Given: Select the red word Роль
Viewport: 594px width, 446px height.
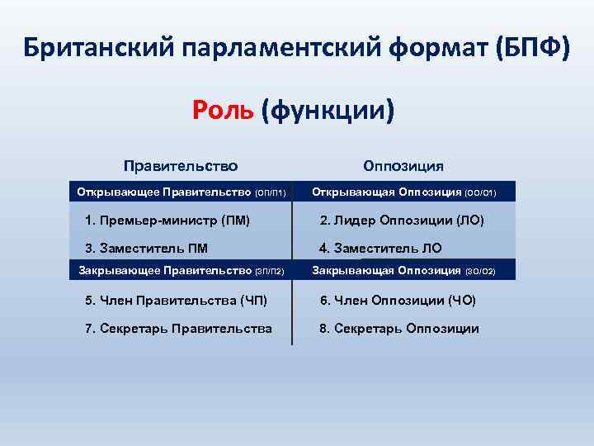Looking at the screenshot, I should (223, 109).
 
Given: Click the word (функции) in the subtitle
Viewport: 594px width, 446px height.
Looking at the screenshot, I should (328, 109).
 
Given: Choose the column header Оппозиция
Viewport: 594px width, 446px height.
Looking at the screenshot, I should (403, 166).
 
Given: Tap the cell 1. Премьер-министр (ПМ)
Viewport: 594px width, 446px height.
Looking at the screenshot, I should (167, 221).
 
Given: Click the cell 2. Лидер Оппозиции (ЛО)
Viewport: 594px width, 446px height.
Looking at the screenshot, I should (402, 221).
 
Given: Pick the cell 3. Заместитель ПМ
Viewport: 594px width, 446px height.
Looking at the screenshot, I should (147, 248).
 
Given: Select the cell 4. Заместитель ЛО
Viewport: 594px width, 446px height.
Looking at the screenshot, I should (380, 248).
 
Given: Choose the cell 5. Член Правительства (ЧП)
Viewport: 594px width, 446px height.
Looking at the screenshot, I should (176, 301).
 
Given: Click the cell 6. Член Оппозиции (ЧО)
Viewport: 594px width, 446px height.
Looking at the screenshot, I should (398, 301).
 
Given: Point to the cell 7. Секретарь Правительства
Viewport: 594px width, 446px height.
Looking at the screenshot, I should (178, 329).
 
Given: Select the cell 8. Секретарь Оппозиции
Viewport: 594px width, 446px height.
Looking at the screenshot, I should (399, 329).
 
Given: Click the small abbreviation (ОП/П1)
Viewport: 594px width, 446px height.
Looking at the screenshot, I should (271, 193).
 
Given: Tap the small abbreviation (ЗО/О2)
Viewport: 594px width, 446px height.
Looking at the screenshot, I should (481, 270).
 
